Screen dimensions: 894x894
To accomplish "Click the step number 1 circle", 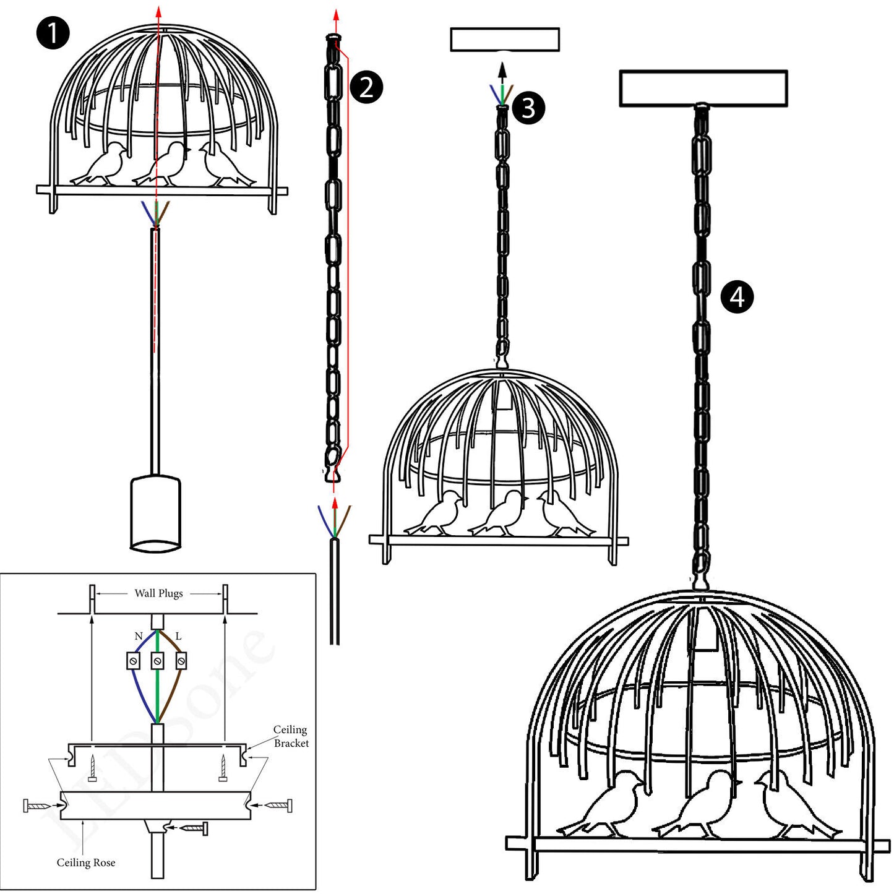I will [53, 33].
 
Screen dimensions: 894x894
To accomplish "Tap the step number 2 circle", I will [366, 87].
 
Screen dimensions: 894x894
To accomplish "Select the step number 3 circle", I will [528, 108].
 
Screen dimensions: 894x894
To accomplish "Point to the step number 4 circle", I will [737, 297].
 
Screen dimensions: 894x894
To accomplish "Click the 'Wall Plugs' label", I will [158, 593].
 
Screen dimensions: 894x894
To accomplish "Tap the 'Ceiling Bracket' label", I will [290, 736].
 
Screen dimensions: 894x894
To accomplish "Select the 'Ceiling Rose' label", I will [86, 862].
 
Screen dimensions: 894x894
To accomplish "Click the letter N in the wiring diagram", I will [139, 636].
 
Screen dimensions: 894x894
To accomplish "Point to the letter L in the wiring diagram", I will [178, 636].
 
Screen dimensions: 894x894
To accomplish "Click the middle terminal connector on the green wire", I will [157, 661].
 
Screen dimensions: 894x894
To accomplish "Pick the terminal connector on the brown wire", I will [181, 661].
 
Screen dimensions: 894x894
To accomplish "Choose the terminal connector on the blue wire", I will [133, 661].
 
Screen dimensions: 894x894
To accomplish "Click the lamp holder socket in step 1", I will [155, 512].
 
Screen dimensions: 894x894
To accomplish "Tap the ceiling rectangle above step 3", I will [505, 40].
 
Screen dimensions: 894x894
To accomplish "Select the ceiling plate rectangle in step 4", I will [703, 88].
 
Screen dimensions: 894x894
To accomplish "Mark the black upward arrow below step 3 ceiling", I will [502, 72].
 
